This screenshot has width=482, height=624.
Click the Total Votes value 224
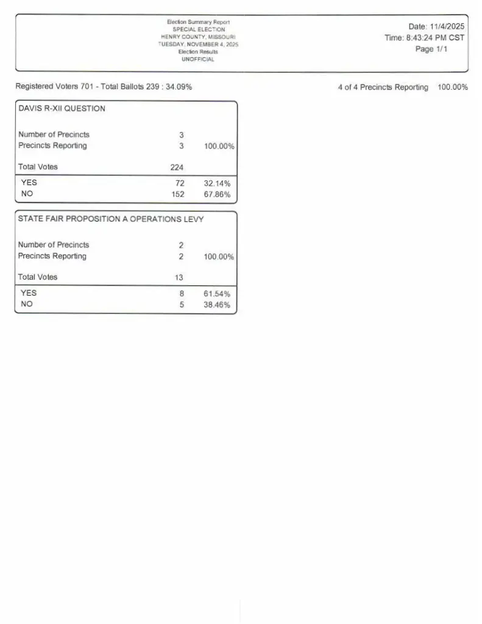[x=177, y=167]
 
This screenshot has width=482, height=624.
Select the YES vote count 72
[x=180, y=183]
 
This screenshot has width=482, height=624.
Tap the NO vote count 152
[x=177, y=194]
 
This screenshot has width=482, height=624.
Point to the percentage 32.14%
[x=217, y=183]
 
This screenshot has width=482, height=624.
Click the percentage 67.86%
[x=217, y=194]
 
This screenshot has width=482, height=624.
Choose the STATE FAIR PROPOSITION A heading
[x=110, y=219]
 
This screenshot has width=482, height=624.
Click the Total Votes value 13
[x=179, y=277]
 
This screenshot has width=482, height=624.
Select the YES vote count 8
[x=182, y=293]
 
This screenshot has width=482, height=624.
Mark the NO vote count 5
[x=182, y=305]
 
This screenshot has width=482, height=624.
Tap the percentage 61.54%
[x=217, y=293]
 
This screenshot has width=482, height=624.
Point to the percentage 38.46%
[x=217, y=305]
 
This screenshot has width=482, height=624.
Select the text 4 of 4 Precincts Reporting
[x=383, y=87]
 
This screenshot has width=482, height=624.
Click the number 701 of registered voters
[x=87, y=87]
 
